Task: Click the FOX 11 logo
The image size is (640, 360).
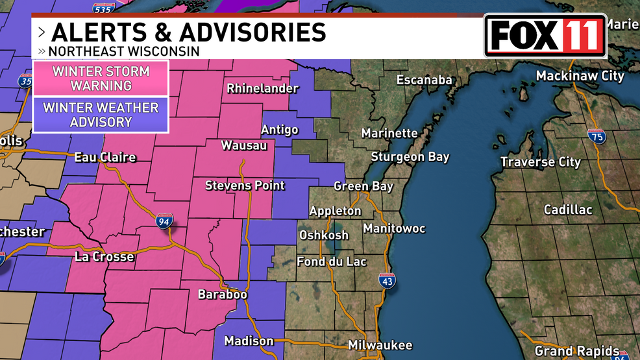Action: coord(545,36)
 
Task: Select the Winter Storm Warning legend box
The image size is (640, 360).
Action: coord(101,78)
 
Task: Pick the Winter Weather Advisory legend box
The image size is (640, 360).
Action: coord(101,114)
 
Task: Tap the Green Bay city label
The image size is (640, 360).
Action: coord(363,186)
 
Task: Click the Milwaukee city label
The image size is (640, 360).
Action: coord(380,345)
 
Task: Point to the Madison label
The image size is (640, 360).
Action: coord(249,341)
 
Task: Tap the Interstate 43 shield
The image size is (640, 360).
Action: coord(387,280)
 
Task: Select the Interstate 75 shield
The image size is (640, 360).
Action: coord(597,136)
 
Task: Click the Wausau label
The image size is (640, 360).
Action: coord(244,145)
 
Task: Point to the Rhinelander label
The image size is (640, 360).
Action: coord(262,89)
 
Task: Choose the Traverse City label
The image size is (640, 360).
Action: coord(541,162)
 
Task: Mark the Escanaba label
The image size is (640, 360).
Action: coord(425,80)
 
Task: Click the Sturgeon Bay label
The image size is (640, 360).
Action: coord(410,157)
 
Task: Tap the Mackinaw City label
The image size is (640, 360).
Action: coord(580,76)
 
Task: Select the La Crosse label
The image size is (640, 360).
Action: coord(104,257)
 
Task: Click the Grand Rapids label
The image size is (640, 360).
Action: coord(572,352)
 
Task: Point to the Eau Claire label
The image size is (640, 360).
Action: coord(105,157)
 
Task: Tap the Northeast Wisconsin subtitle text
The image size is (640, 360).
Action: coord(123,51)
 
